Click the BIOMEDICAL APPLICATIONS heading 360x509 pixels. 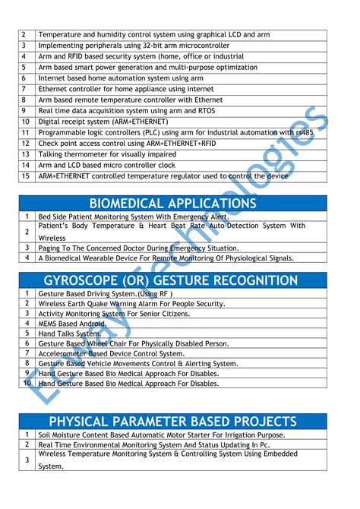[x=173, y=204]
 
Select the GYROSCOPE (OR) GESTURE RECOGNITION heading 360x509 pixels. [x=173, y=280]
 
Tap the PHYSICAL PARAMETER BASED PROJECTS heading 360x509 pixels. [x=173, y=422]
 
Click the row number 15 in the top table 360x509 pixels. [x=24, y=175]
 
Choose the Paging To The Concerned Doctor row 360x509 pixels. [x=137, y=248]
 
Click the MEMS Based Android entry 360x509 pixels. [x=73, y=323]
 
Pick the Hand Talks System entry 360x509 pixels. [x=69, y=333]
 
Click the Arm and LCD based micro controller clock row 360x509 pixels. [x=106, y=165]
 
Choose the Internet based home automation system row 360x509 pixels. [x=110, y=78]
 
